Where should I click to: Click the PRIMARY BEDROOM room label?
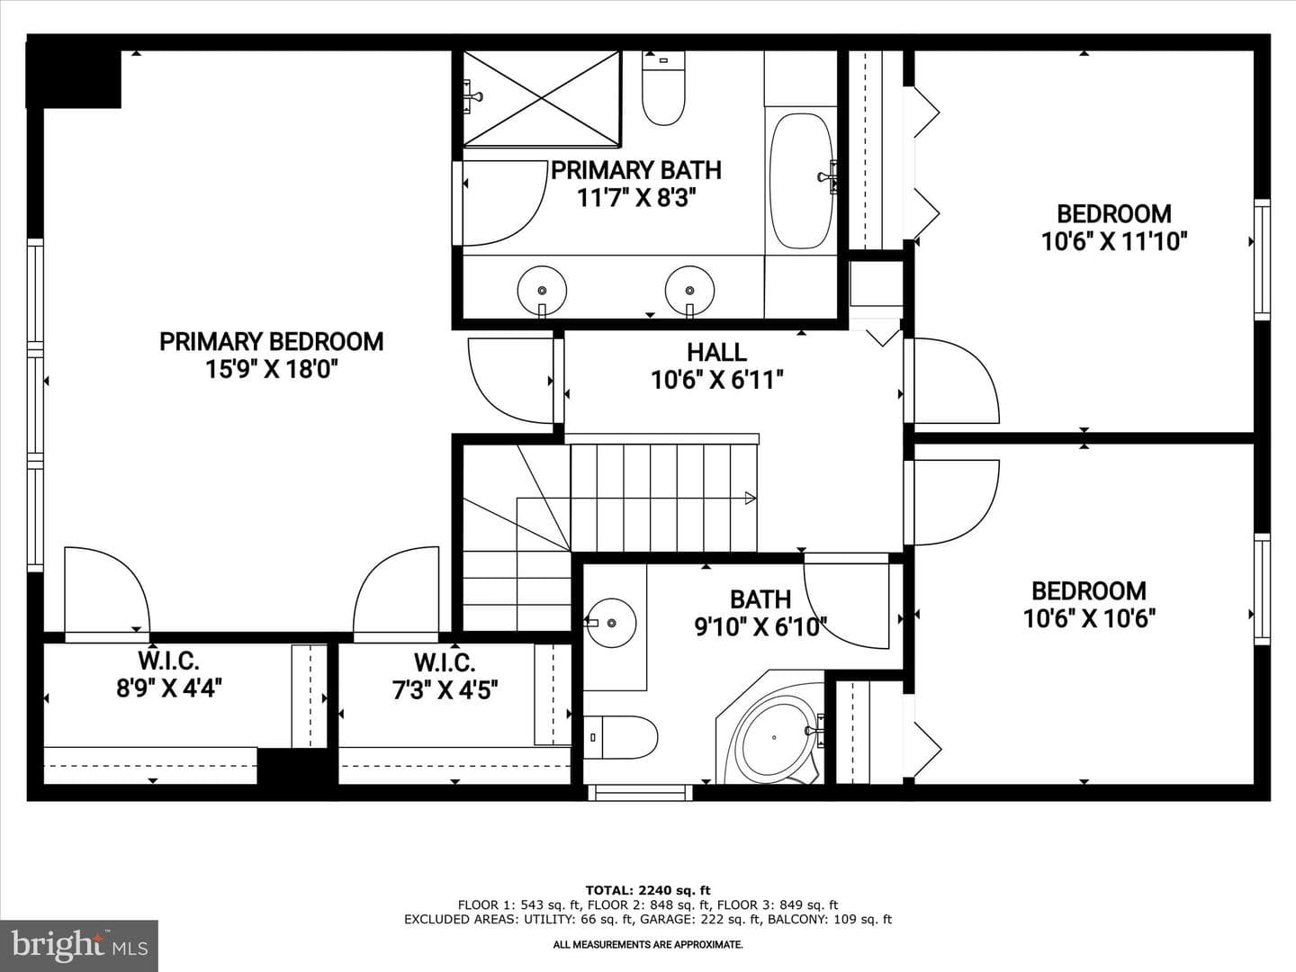[272, 342]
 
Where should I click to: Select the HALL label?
[716, 352]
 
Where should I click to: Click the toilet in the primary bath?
[663, 88]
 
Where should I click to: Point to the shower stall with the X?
[542, 99]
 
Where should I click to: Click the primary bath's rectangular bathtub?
[801, 181]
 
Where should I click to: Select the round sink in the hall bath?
[610, 623]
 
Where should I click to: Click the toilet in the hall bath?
[620, 738]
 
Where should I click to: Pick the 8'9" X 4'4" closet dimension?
[169, 688]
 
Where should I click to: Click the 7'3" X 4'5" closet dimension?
[445, 689]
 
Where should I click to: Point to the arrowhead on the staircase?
[751, 498]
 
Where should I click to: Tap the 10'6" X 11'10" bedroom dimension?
[1113, 241]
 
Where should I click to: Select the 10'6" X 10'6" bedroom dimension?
[1089, 619]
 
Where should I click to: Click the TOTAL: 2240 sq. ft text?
[648, 890]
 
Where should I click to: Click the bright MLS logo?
[79, 945]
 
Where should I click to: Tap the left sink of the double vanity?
[542, 291]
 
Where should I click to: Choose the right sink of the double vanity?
[689, 291]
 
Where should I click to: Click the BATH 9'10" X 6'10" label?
[760, 613]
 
